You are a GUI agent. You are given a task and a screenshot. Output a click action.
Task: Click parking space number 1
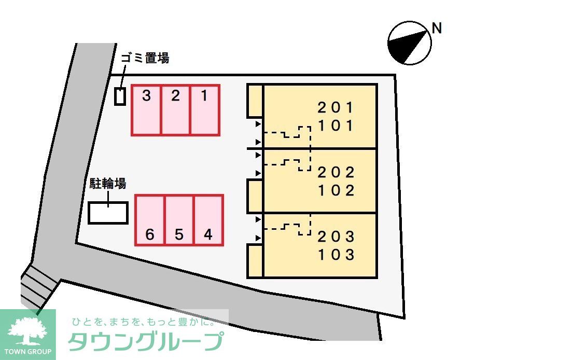pyautogui.click(x=205, y=110)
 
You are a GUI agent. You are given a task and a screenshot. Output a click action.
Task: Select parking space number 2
pyautogui.click(x=176, y=110)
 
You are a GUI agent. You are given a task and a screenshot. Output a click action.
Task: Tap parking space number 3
pyautogui.click(x=146, y=110)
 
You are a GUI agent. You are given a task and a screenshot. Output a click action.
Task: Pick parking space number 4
pyautogui.click(x=208, y=220)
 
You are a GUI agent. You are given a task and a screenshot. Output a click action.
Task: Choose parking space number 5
pyautogui.click(x=179, y=220)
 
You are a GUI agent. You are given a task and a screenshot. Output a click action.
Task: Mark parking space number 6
pyautogui.click(x=150, y=220)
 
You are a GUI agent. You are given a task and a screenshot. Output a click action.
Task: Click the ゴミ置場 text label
pyautogui.click(x=145, y=58)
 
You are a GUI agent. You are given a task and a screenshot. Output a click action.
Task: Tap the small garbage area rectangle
pyautogui.click(x=120, y=97)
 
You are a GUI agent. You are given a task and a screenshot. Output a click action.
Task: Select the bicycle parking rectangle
pyautogui.click(x=108, y=213)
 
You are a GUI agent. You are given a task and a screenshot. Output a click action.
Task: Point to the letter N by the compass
pyautogui.click(x=437, y=29)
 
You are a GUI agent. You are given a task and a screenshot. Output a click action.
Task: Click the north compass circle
pyautogui.click(x=410, y=43)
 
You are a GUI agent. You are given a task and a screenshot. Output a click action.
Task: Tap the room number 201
pyautogui.click(x=336, y=108)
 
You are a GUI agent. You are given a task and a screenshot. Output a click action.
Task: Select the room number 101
pyautogui.click(x=336, y=126)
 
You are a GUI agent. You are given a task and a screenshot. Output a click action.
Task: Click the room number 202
pyautogui.click(x=336, y=172)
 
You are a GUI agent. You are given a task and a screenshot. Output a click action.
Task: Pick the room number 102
pyautogui.click(x=336, y=190)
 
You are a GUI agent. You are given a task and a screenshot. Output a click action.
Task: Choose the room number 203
pyautogui.click(x=336, y=237)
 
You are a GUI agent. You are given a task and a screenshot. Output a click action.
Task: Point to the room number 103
pyautogui.click(x=336, y=255)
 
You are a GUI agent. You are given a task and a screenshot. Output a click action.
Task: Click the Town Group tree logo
pyautogui.click(x=27, y=332)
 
